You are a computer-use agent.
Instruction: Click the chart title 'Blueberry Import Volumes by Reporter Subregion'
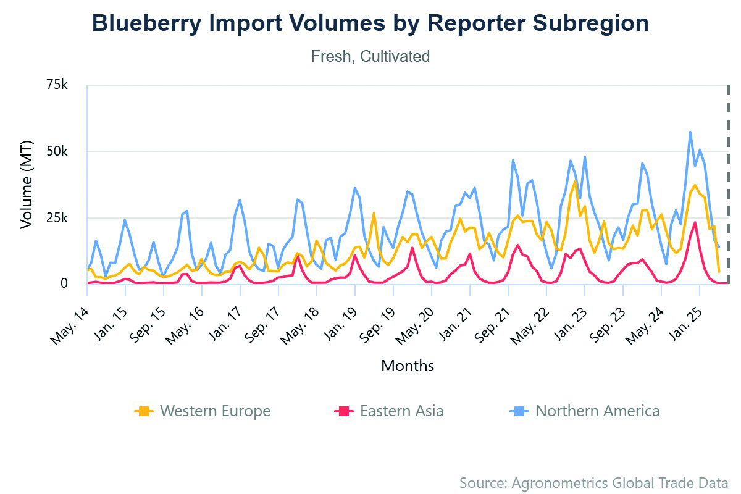tap(371, 23)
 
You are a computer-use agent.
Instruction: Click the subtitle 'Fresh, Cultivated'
tap(371, 56)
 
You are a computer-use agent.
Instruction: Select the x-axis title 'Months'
tap(408, 366)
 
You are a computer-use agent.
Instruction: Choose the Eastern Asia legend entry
tap(389, 411)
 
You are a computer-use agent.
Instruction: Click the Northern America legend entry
tap(585, 411)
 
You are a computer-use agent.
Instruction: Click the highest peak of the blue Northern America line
tap(690, 132)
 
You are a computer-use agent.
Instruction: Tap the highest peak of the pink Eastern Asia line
tap(695, 222)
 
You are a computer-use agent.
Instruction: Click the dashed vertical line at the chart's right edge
tap(729, 185)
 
